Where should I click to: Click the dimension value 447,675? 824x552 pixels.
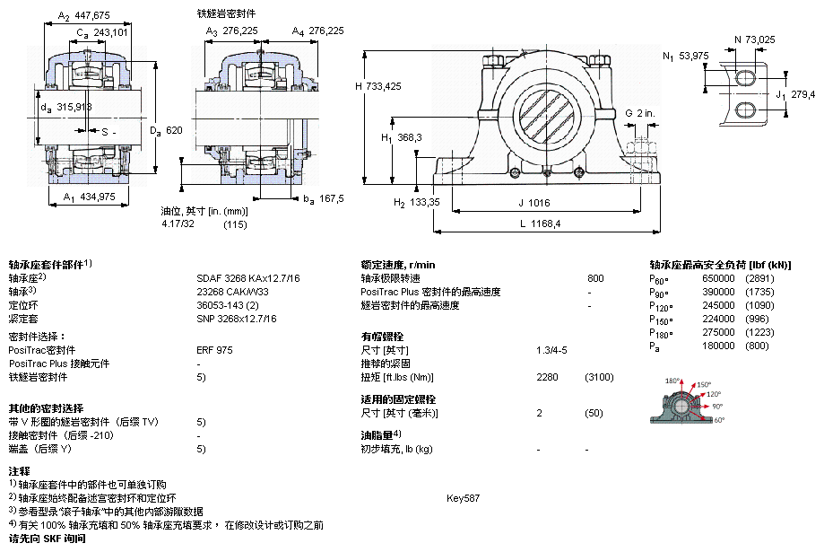point(91,15)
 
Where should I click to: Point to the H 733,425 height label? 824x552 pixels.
point(377,86)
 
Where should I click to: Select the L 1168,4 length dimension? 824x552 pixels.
point(540,223)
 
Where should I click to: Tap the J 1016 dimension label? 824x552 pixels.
point(533,202)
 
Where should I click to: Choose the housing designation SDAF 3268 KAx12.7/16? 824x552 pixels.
point(248,278)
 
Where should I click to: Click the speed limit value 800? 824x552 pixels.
point(595,278)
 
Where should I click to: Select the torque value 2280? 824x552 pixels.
point(547,377)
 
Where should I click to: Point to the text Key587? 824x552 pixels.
point(464,497)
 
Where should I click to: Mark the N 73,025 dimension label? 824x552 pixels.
point(755,39)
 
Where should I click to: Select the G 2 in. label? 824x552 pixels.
point(640,113)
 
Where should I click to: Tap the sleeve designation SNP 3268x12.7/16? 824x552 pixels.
point(237,318)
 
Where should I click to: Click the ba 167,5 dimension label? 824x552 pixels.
point(324,198)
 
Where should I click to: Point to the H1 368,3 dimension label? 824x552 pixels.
point(402,137)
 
